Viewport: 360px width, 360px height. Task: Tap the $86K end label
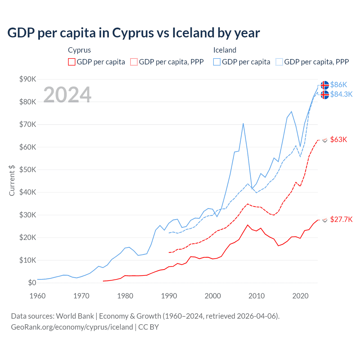[339, 85]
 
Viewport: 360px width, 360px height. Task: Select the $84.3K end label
[341, 94]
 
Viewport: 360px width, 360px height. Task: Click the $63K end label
[339, 139]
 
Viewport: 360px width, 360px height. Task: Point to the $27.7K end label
[341, 219]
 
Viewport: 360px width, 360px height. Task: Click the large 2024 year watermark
[67, 94]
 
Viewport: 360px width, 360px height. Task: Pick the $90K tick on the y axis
[28, 79]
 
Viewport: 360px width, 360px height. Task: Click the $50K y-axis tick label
[28, 170]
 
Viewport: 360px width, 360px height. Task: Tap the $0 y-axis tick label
[32, 283]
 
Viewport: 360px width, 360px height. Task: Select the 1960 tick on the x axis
[37, 296]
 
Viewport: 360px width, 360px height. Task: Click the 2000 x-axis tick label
[213, 296]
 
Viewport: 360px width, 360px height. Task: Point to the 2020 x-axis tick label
[300, 296]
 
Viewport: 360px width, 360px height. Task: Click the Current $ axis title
[12, 181]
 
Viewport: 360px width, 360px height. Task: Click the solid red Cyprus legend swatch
[72, 62]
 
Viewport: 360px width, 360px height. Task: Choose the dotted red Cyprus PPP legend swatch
[134, 62]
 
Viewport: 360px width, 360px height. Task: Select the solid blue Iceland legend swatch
[217, 62]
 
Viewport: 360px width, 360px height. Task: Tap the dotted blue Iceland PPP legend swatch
[279, 62]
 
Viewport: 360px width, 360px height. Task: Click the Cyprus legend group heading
[79, 50]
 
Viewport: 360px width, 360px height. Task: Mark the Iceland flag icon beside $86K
[325, 85]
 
